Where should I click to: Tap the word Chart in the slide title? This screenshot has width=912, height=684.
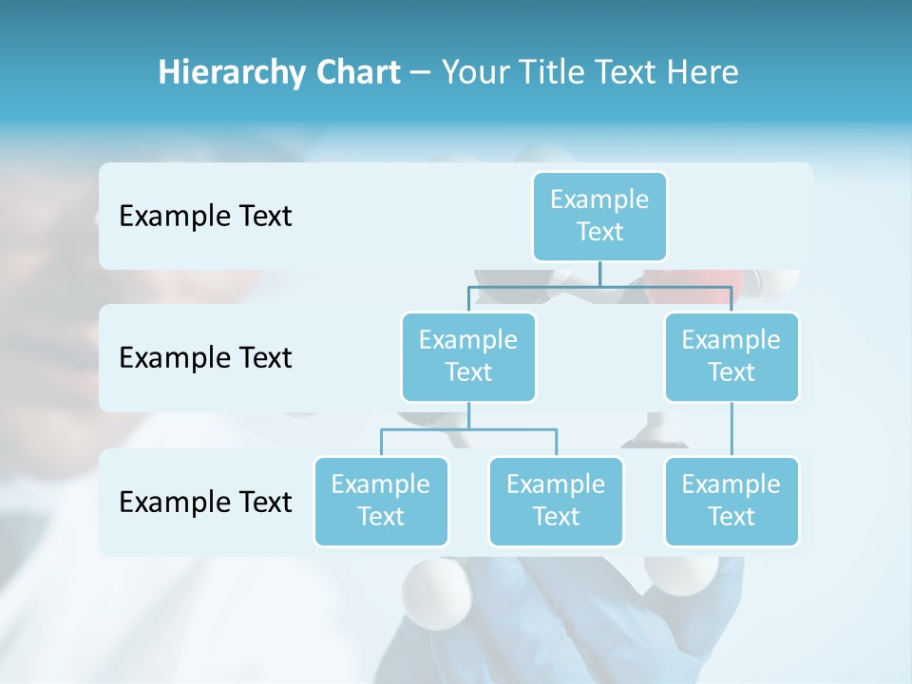(357, 73)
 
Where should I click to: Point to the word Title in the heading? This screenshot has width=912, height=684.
(556, 73)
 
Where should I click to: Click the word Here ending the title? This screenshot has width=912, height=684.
(701, 73)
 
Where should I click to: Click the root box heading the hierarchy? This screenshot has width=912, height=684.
(599, 217)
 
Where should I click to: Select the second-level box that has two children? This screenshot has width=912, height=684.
(468, 357)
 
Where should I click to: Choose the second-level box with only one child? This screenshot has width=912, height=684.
(731, 357)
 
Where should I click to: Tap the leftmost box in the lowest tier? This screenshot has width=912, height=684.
(381, 502)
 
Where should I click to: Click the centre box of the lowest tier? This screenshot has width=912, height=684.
(556, 502)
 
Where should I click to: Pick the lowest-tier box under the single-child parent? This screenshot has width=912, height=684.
(731, 502)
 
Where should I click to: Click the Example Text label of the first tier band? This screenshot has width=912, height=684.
(205, 217)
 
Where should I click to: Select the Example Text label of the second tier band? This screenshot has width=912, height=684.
(205, 358)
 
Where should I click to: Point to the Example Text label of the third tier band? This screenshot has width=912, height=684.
(205, 502)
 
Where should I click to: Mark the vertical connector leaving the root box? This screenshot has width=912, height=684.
(599, 273)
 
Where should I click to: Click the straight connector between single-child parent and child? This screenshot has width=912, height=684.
(731, 429)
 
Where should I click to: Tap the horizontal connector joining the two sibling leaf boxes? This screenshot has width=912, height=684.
(468, 429)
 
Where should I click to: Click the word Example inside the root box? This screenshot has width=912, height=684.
(599, 199)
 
